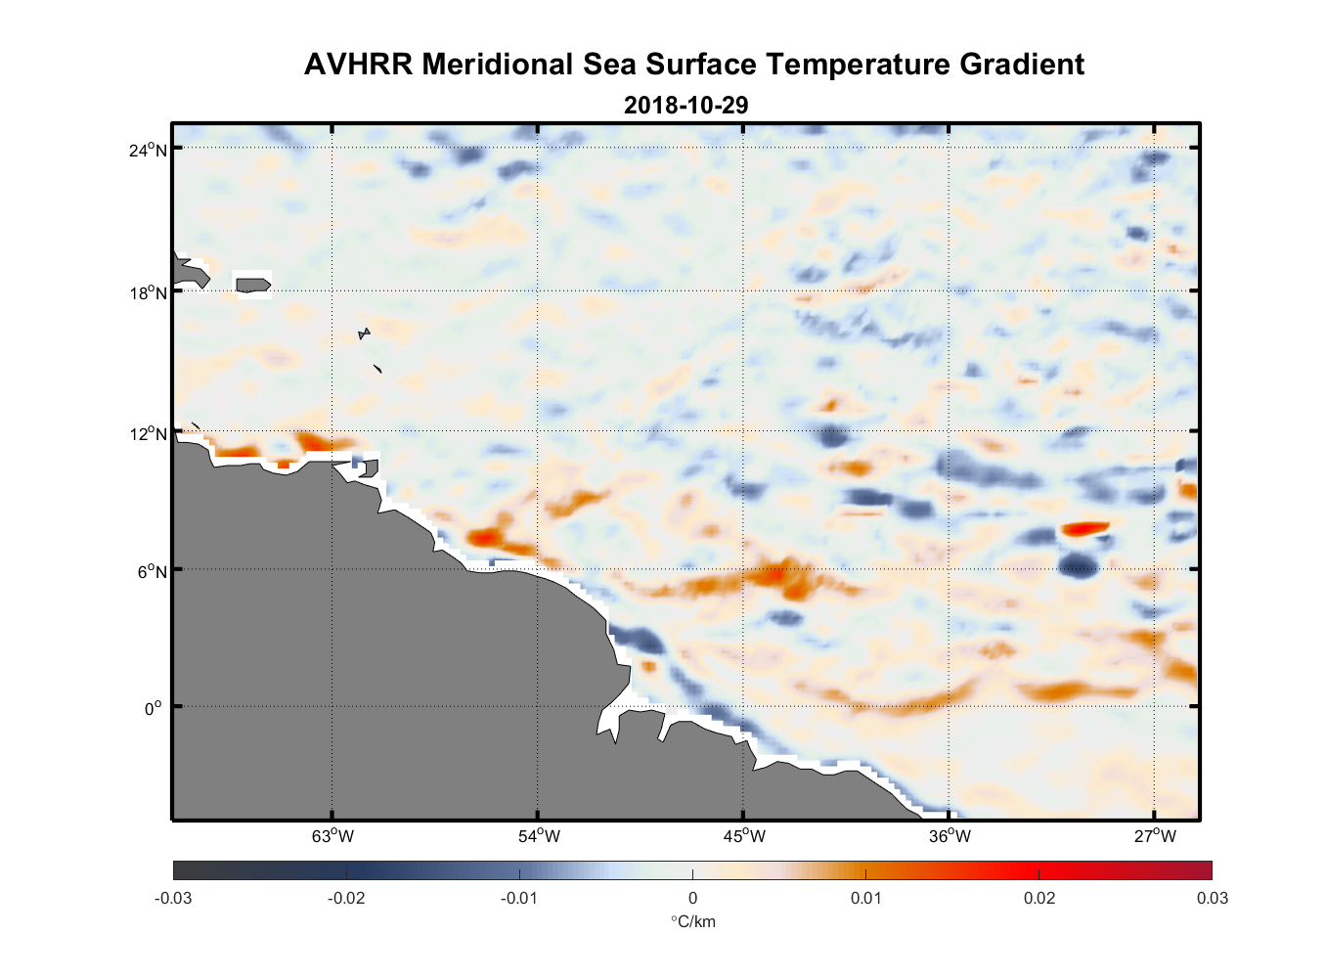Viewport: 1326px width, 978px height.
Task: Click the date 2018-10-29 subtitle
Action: pos(685,105)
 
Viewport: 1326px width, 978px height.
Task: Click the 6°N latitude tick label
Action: pos(153,571)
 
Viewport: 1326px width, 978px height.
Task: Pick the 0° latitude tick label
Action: pos(154,708)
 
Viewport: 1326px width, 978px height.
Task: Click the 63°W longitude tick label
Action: pos(332,836)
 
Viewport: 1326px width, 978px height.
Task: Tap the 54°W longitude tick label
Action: pos(539,836)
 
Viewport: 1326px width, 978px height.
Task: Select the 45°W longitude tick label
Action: pos(744,836)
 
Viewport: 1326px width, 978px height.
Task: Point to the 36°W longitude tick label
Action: pos(950,836)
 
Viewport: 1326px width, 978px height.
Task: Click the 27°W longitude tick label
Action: pos(1155,836)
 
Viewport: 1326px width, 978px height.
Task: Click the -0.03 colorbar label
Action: pos(173,898)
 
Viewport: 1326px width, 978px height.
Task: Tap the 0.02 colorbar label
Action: pos(1039,898)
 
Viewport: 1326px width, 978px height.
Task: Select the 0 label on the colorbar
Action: pos(692,898)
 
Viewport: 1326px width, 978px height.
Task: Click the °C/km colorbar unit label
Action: pos(692,921)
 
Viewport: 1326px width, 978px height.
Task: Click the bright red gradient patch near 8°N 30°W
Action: pos(1084,528)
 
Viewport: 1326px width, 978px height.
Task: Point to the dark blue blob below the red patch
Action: pos(1078,564)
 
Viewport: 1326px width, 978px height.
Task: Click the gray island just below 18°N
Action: pos(252,285)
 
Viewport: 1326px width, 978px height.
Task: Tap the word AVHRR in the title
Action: pos(359,65)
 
